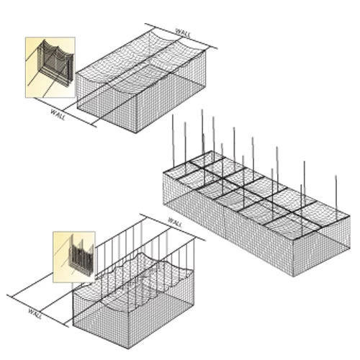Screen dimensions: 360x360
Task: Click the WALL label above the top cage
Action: pyautogui.click(x=184, y=33)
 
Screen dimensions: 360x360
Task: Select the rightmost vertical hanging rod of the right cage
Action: pyautogui.click(x=336, y=194)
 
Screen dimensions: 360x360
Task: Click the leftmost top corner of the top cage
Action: pyautogui.click(x=76, y=73)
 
